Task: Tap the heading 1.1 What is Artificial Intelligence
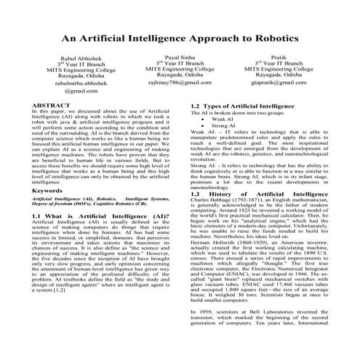pos(95,217)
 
